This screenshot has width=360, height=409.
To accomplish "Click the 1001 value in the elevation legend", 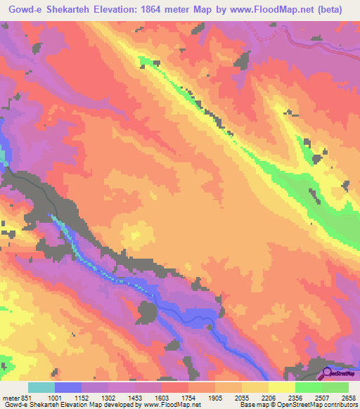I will [56, 397].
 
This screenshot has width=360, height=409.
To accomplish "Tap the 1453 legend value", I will [135, 397].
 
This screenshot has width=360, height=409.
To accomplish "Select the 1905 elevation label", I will [215, 397].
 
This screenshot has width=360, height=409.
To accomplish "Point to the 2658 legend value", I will [347, 397].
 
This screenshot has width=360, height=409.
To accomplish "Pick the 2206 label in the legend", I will [268, 397].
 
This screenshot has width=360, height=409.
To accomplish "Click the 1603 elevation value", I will [162, 397].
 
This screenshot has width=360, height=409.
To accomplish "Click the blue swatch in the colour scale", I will [67, 387].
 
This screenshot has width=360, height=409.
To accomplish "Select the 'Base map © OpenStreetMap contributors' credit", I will [300, 405].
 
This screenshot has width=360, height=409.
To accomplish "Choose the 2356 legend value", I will [295, 397].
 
